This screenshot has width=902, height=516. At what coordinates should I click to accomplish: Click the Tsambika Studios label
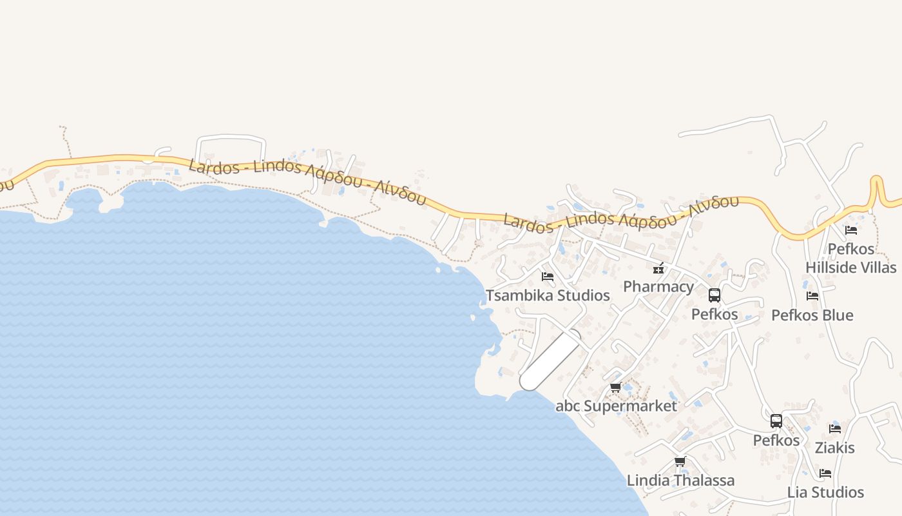[548, 295]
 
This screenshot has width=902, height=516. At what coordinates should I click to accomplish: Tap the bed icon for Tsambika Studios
[548, 277]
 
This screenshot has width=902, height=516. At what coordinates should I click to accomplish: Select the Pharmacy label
[658, 286]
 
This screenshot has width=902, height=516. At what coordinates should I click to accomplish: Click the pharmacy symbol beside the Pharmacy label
[658, 268]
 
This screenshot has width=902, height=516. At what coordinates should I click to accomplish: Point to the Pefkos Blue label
[812, 315]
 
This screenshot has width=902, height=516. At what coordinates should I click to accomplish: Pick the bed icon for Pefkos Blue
[812, 296]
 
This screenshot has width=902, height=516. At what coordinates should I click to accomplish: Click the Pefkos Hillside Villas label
[851, 258]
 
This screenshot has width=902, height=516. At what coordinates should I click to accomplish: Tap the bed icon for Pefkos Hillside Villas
[851, 230]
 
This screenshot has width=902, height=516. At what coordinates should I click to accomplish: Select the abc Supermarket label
[616, 406]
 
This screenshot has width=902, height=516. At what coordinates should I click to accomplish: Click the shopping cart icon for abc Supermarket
[616, 388]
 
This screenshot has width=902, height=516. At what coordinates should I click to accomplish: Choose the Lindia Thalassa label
[680, 481]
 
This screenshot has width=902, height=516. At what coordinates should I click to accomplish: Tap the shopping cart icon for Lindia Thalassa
[680, 462]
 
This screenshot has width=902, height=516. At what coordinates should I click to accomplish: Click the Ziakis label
[835, 448]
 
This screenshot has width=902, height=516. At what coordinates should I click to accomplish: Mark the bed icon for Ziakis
[835, 429]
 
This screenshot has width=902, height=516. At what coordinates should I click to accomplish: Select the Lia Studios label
[825, 492]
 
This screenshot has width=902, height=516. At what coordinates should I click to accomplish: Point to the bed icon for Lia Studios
[825, 473]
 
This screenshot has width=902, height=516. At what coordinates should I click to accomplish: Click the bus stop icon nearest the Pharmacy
[715, 295]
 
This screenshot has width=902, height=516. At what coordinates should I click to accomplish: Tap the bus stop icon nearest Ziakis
[776, 421]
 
